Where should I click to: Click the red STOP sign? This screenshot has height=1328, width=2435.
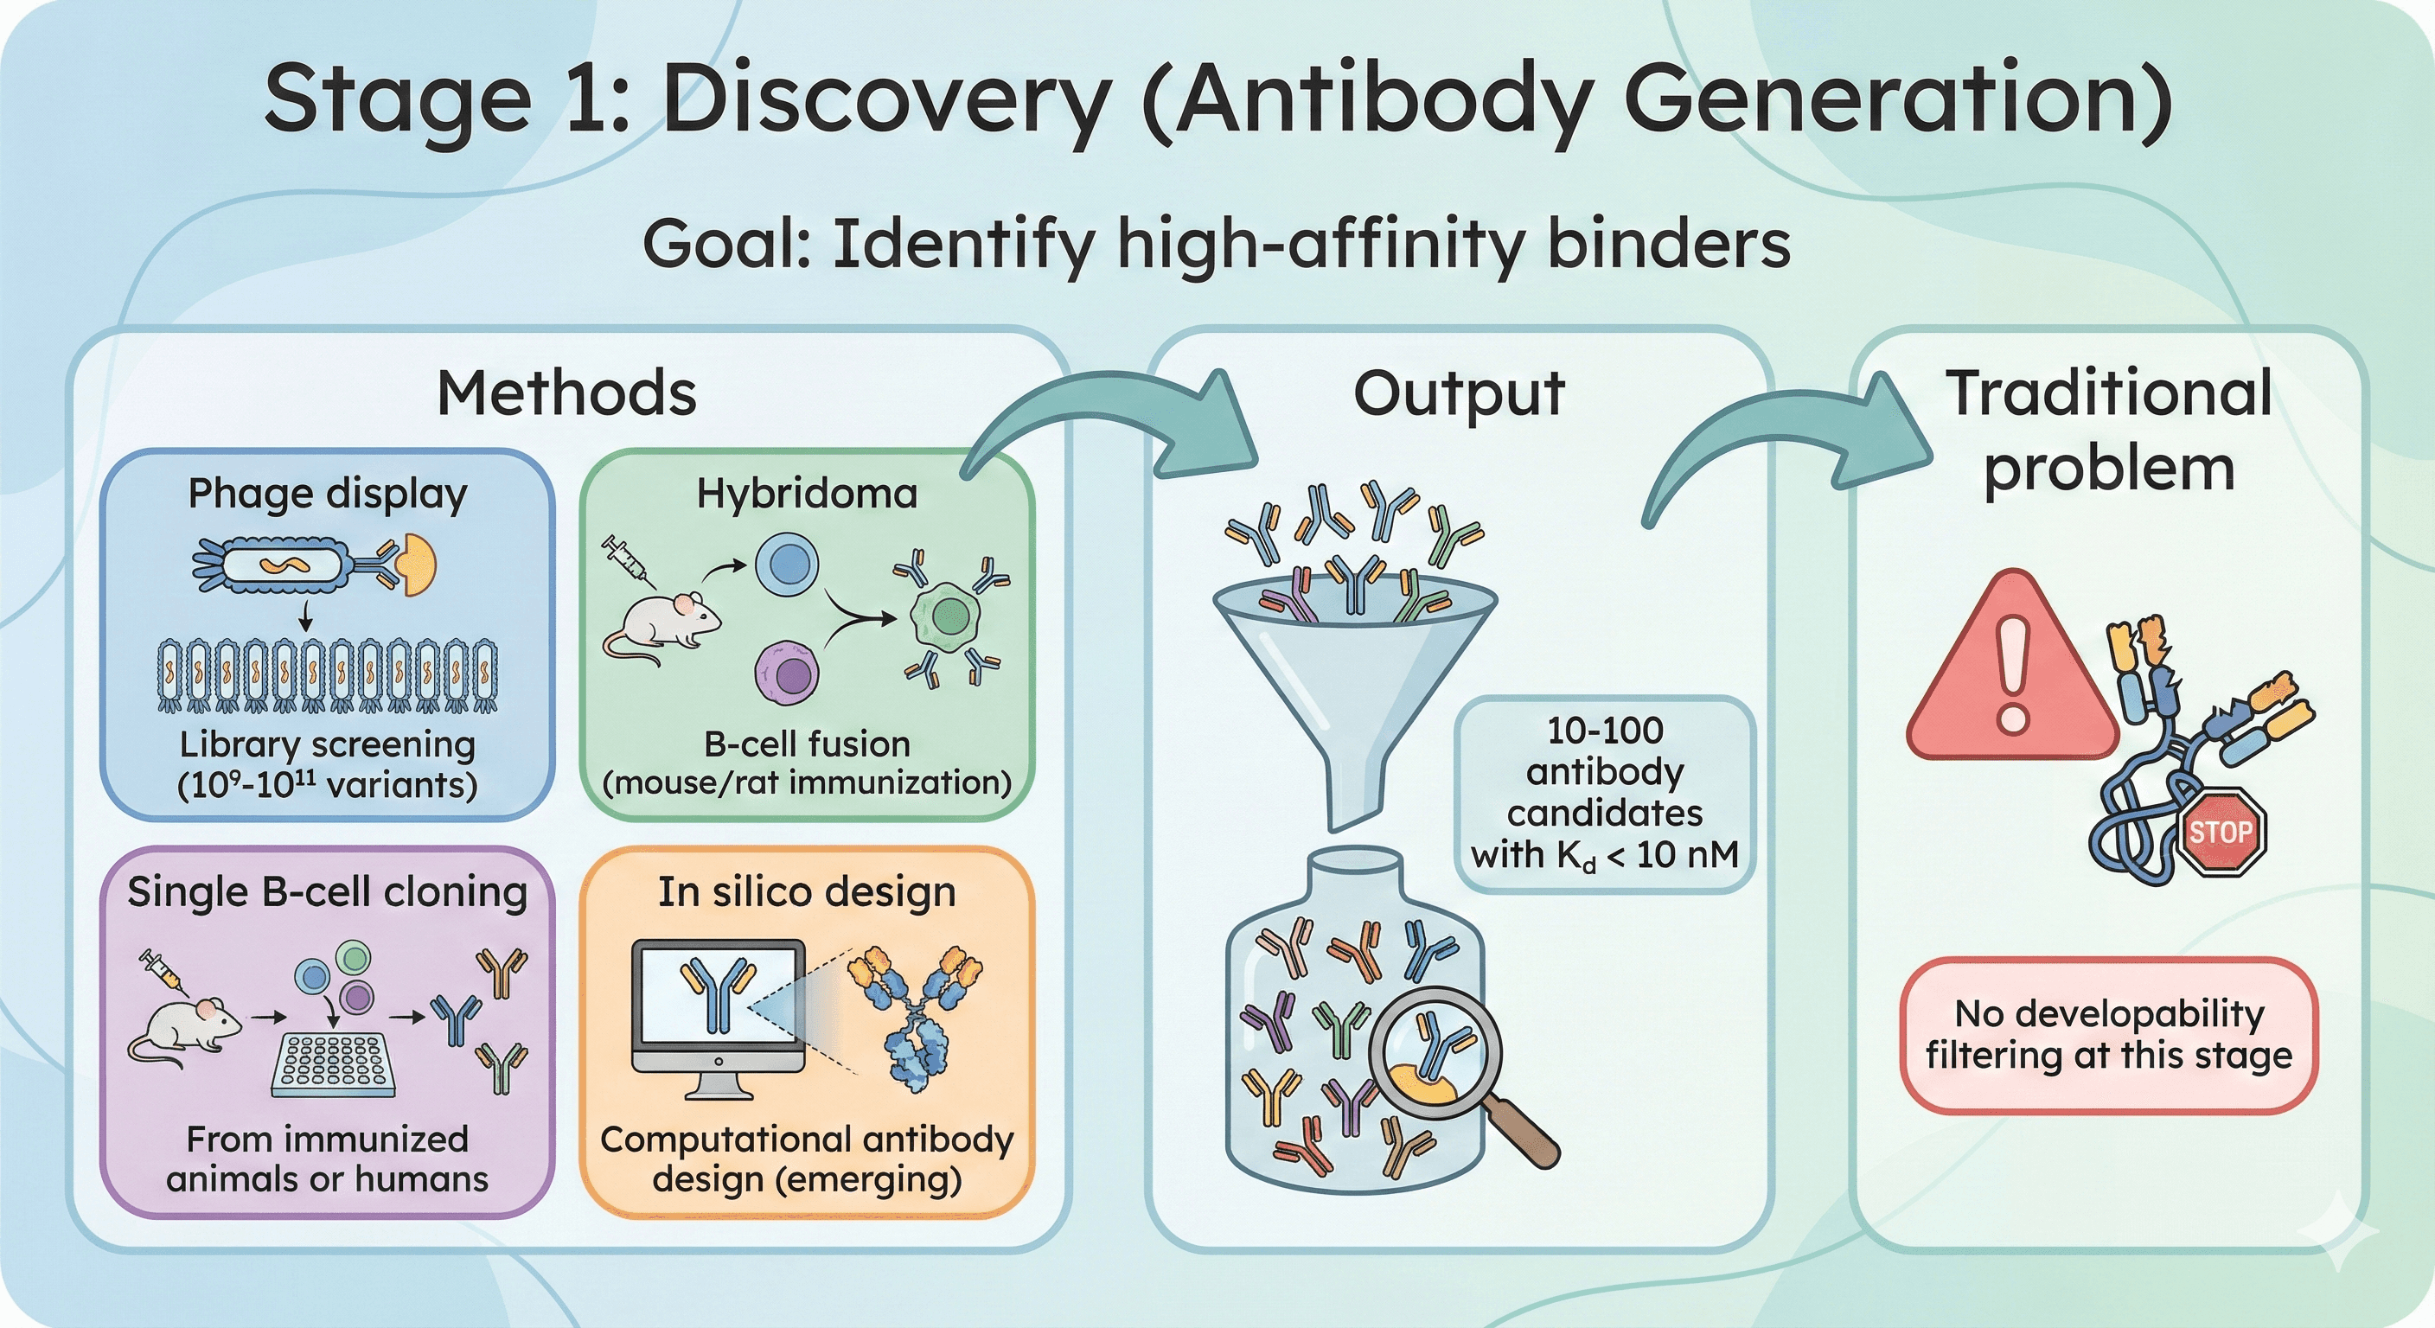tap(2221, 832)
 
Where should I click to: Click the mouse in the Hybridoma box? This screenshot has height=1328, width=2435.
tap(661, 624)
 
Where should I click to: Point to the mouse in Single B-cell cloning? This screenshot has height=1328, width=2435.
tap(184, 1031)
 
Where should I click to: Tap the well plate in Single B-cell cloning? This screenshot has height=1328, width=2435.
tap(333, 1063)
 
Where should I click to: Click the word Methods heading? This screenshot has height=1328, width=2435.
tap(566, 393)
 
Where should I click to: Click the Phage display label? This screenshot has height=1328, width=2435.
tap(327, 494)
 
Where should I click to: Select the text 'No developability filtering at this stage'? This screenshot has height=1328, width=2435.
tap(2109, 1034)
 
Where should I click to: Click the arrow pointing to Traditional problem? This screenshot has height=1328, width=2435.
tap(1777, 444)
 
